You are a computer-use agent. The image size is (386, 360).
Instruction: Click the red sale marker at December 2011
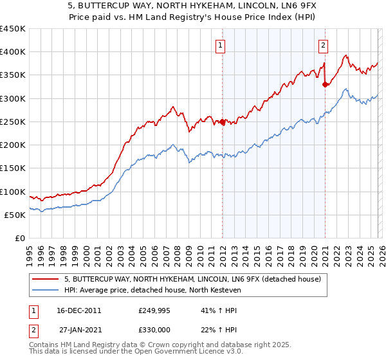[x=223, y=122]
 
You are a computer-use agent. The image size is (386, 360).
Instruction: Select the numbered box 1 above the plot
[x=221, y=45]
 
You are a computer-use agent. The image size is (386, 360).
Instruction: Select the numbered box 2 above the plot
[x=322, y=45]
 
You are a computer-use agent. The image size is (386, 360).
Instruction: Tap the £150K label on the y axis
[x=13, y=168]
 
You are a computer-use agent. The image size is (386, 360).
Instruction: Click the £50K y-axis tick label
[x=15, y=215]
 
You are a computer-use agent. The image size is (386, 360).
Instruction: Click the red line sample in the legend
[x=46, y=278]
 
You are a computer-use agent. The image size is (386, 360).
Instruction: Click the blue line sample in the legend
[x=46, y=289]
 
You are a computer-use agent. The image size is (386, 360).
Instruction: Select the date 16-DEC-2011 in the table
[x=79, y=310]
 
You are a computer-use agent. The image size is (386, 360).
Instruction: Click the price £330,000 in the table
[x=154, y=329]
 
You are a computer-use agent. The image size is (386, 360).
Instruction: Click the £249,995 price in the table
[x=154, y=310]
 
